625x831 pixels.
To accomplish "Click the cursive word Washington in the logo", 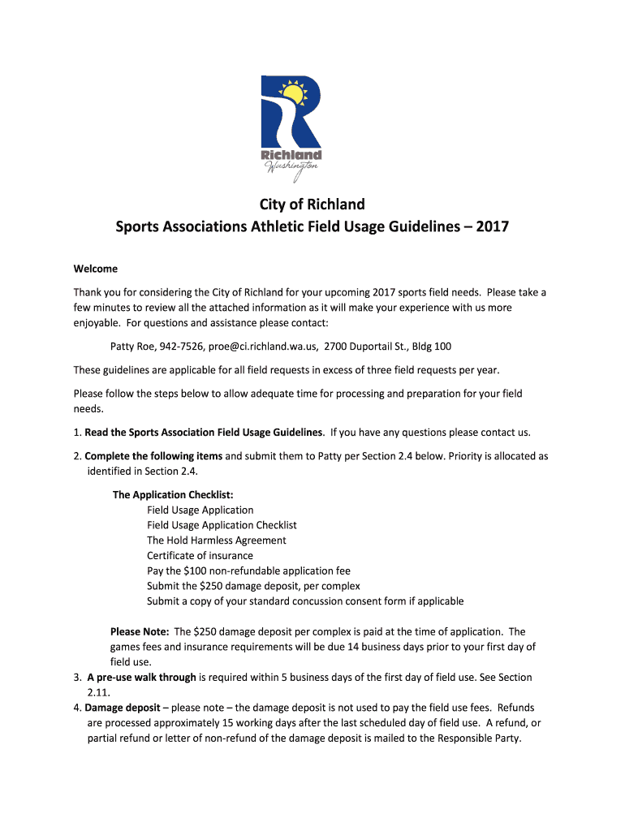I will pos(291,167).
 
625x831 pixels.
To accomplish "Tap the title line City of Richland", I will pos(312,205).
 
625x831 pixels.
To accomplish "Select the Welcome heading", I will pos(96,269).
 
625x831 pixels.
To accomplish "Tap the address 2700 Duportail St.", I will pos(366,347).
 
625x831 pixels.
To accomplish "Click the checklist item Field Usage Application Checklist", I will pos(222,525).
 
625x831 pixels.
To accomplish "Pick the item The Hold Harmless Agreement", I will pos(216,540).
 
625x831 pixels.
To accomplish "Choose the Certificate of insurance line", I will pos(200,556).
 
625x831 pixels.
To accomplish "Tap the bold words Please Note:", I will pos(140,631).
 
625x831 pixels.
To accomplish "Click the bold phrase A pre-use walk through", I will pos(141,677).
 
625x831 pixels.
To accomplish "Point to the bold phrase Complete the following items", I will pos(153,456).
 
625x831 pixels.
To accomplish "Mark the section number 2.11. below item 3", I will pos(98,692).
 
